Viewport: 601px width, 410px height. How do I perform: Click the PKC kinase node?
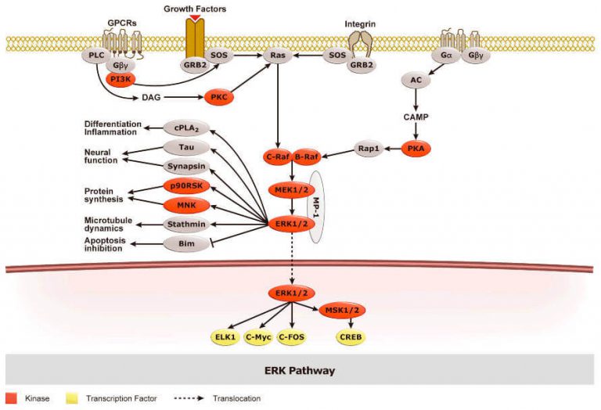[x=218, y=99]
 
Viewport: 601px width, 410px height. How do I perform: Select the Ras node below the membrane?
[x=277, y=57]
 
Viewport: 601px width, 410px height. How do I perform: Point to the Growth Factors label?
[x=195, y=8]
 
